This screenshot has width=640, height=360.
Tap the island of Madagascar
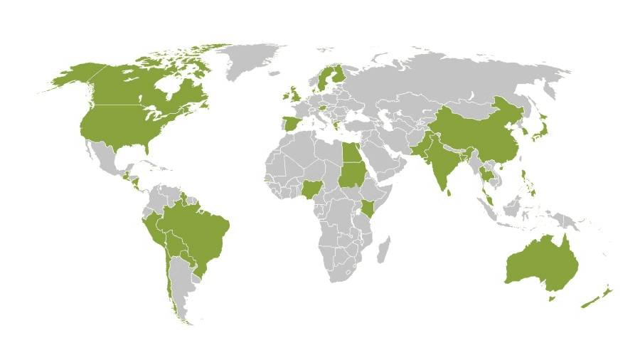pyautogui.click(x=385, y=248)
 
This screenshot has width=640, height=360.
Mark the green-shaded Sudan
pyautogui.click(x=350, y=174)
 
